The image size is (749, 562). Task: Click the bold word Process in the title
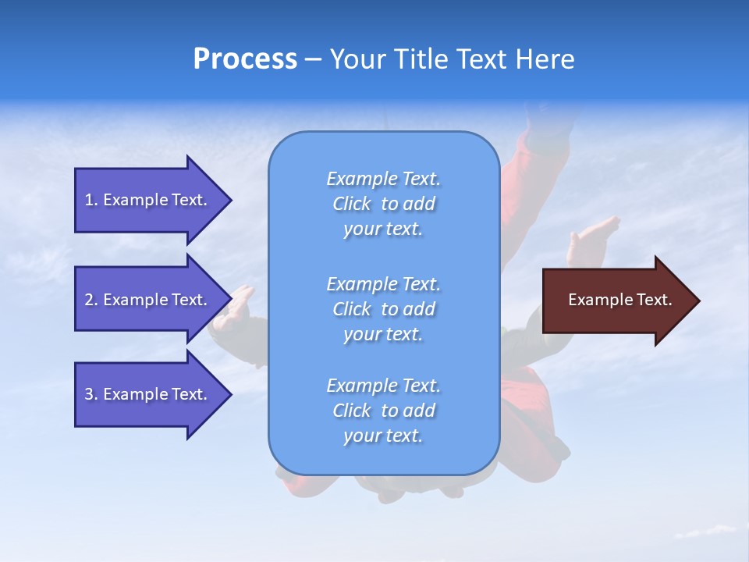click(245, 59)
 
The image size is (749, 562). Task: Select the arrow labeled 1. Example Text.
click(148, 200)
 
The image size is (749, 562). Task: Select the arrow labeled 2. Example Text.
click(148, 300)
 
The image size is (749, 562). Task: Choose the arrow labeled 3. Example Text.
click(148, 394)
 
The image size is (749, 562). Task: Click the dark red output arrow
click(616, 301)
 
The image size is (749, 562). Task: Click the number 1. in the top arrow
click(91, 200)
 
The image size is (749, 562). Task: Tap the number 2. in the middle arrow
click(91, 300)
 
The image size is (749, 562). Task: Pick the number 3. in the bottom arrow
click(91, 394)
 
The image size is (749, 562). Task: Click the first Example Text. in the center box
click(383, 179)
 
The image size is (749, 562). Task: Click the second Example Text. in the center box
click(383, 283)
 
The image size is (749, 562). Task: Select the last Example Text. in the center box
click(383, 386)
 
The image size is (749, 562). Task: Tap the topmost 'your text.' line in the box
click(383, 229)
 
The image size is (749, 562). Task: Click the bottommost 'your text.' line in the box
click(383, 436)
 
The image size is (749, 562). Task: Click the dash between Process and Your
click(313, 60)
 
